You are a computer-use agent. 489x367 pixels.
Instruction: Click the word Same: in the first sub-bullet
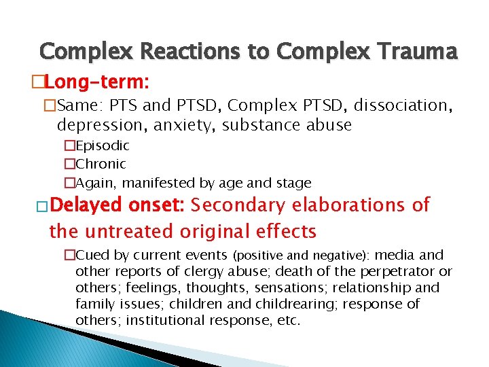tap(81, 106)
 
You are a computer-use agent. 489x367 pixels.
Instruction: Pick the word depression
tap(97, 125)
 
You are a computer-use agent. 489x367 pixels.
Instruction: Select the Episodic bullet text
tap(102, 145)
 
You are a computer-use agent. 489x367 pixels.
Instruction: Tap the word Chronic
tap(101, 164)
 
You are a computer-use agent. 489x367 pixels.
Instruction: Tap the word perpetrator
tap(401, 272)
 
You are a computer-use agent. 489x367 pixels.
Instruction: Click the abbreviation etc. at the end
tap(288, 320)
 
